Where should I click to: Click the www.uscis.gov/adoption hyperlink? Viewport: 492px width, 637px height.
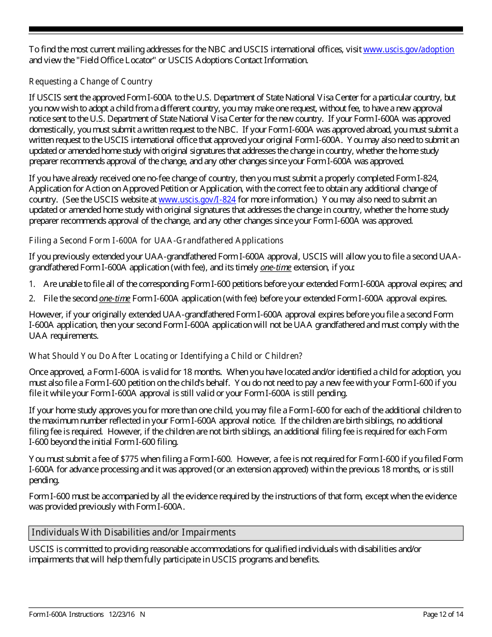pyautogui.click(x=409, y=50)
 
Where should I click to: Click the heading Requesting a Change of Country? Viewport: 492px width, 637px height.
pyautogui.click(x=91, y=82)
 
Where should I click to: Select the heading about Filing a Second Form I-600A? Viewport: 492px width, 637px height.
pyautogui.click(x=156, y=241)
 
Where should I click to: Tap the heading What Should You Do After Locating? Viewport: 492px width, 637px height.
pyautogui.click(x=165, y=356)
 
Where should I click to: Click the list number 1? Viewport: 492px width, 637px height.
pyautogui.click(x=32, y=284)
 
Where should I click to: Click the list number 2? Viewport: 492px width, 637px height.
pyautogui.click(x=32, y=299)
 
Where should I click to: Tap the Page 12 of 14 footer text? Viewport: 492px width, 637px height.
pyautogui.click(x=443, y=615)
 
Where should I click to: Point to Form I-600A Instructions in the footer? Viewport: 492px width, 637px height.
pyautogui.click(x=66, y=615)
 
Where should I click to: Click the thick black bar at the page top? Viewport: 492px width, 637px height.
pyautogui.click(x=246, y=30)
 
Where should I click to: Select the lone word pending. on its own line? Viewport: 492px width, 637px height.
pyautogui.click(x=44, y=481)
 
